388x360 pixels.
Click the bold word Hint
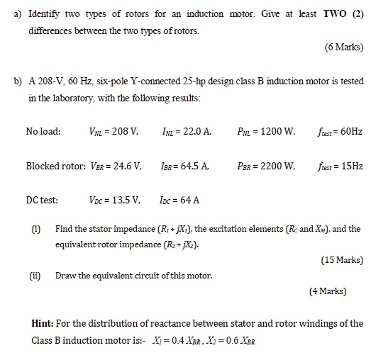pos(45,324)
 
